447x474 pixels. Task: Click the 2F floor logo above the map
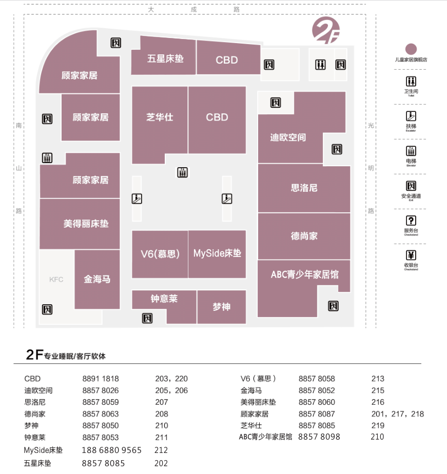[326, 30]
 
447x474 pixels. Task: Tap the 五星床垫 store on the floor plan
[165, 58]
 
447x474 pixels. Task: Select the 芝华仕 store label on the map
[160, 117]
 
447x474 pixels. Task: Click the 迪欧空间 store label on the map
[288, 137]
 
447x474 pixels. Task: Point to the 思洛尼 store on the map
[304, 188]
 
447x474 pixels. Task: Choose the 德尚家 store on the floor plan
[304, 236]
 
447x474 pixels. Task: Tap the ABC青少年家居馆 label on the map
[304, 274]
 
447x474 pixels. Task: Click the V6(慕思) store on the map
[160, 253]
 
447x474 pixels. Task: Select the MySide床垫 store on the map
[217, 253]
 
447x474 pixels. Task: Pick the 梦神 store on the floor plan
[221, 307]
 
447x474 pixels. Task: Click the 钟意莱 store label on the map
[164, 299]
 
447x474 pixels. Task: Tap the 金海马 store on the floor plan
[97, 280]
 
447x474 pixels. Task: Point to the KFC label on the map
[56, 280]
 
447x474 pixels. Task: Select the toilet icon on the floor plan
[321, 65]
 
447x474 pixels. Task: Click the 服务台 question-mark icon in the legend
[411, 221]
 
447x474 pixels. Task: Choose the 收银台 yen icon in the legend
[411, 255]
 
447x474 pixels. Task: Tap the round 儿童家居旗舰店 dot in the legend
[411, 49]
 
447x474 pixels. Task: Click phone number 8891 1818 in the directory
[101, 379]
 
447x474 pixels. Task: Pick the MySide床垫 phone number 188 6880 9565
[112, 450]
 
